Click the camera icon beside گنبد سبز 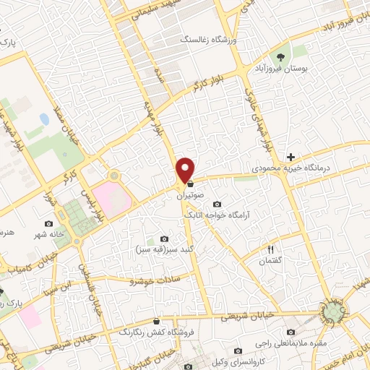[164, 239]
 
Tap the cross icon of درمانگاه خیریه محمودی [291, 157]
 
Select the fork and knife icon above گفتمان [271, 250]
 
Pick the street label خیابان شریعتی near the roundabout [246, 316]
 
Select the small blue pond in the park [44, 118]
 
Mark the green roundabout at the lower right [333, 312]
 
